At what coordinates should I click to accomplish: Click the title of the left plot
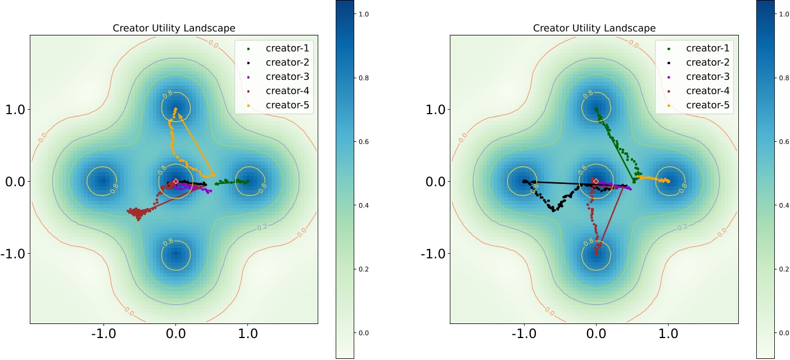[x=174, y=28]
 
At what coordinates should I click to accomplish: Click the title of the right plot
[x=594, y=28]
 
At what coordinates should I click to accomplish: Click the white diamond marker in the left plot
[x=175, y=181]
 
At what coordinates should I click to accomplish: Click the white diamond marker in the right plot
[x=596, y=181]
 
